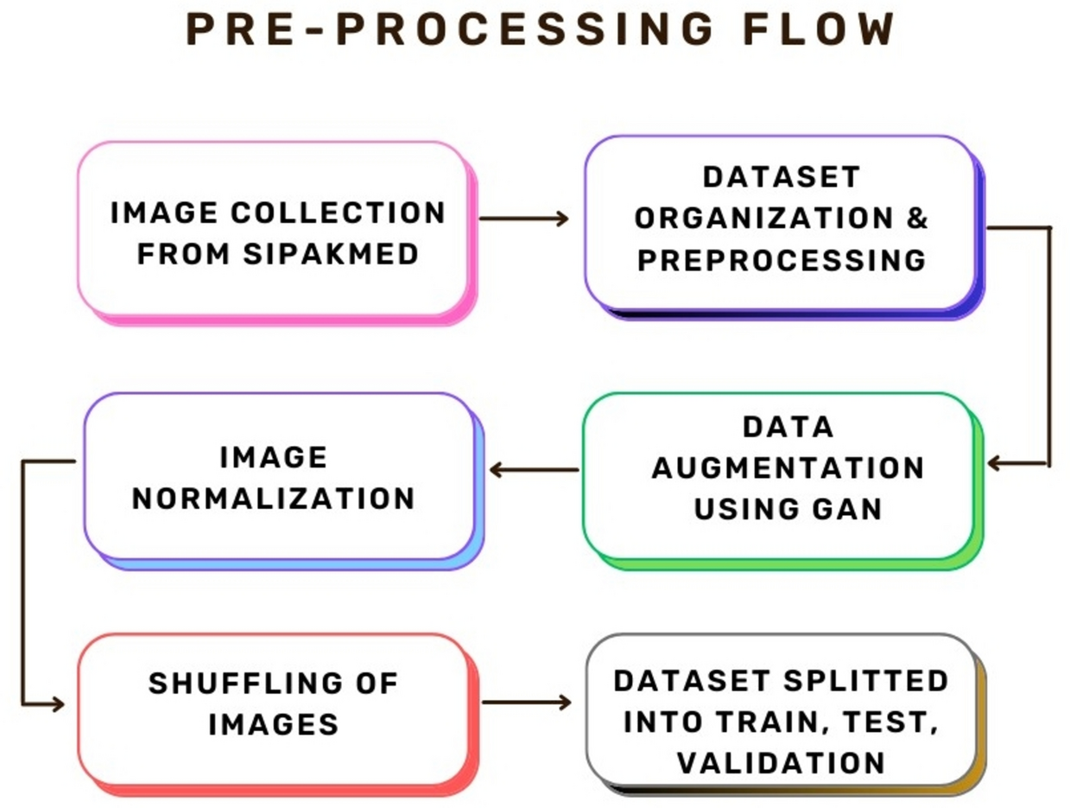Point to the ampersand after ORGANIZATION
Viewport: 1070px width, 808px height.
click(x=918, y=218)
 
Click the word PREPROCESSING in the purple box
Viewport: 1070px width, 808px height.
click(x=782, y=259)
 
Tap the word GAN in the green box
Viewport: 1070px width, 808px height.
click(x=844, y=508)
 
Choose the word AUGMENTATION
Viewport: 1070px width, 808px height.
click(x=788, y=468)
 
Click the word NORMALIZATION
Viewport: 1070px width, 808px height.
click(x=274, y=498)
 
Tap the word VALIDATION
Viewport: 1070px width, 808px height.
click(x=781, y=762)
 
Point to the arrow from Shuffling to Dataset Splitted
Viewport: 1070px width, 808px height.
click(x=526, y=703)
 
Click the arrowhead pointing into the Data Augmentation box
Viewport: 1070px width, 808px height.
click(x=995, y=464)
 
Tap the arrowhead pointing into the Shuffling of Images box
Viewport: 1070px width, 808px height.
click(x=58, y=704)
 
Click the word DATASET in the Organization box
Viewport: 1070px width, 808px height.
click(x=781, y=176)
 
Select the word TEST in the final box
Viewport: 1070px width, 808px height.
click(x=897, y=722)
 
